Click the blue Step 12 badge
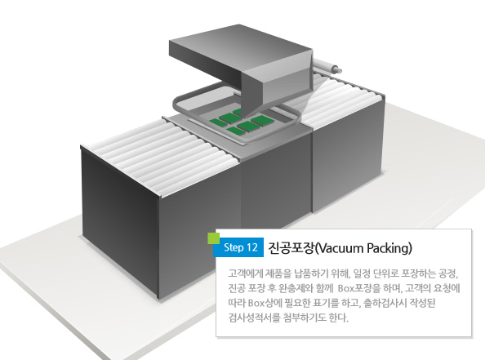tap(238, 247)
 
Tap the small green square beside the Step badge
tap(213, 238)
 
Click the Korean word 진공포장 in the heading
tap(291, 248)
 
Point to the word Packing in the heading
tap(388, 249)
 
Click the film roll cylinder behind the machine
tap(327, 65)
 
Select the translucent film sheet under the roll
tap(313, 93)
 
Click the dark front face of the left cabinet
tap(121, 223)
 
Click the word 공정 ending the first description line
tap(448, 273)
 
